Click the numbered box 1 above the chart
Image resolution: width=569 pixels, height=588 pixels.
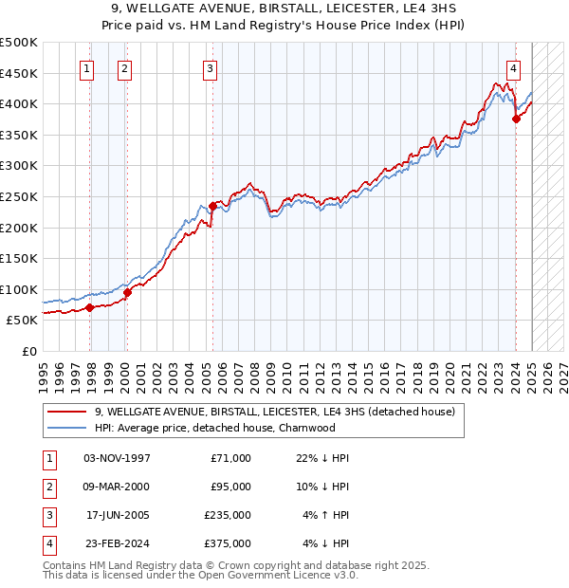click(x=86, y=68)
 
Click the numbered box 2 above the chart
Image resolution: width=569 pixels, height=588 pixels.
click(x=125, y=68)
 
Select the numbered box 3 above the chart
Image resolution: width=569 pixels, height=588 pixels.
click(x=210, y=68)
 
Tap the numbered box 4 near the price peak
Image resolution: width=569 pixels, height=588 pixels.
click(x=513, y=68)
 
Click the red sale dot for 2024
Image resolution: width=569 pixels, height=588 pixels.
click(x=517, y=119)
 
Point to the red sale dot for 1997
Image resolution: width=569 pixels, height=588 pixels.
click(x=89, y=307)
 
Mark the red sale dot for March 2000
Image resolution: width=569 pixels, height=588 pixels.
click(x=127, y=292)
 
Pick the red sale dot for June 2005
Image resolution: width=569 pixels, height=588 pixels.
click(x=213, y=205)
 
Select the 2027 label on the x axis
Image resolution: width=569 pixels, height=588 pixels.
click(x=563, y=375)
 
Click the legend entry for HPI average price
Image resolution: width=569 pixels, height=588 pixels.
click(x=215, y=428)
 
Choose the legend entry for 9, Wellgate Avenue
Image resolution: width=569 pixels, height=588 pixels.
click(x=275, y=413)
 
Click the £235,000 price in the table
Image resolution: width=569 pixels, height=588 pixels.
click(x=229, y=517)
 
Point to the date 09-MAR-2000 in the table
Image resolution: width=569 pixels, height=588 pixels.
click(x=117, y=487)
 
